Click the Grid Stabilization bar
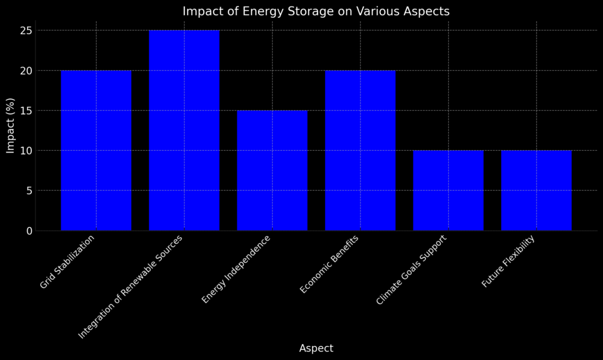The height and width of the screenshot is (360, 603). (96, 150)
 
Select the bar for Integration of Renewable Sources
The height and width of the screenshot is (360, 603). (184, 130)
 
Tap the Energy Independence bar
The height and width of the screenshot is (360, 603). (272, 170)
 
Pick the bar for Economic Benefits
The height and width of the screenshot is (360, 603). (360, 150)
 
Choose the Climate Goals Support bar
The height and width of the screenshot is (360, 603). (448, 190)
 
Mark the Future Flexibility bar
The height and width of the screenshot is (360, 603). (536, 190)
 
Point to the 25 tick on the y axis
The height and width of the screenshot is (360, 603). (26, 31)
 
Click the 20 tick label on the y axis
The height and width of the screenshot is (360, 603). (26, 70)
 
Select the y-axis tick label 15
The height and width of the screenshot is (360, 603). (26, 111)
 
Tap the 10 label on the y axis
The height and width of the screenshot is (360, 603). (26, 151)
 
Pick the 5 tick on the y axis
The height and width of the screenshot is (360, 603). (29, 191)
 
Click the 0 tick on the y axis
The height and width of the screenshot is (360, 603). (29, 231)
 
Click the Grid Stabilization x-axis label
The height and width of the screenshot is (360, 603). (67, 262)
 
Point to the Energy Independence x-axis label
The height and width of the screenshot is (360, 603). (236, 270)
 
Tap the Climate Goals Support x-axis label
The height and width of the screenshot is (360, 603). (412, 270)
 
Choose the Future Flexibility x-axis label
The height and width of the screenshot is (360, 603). (508, 261)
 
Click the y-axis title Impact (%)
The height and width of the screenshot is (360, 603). (11, 125)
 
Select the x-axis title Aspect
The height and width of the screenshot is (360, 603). (316, 348)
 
